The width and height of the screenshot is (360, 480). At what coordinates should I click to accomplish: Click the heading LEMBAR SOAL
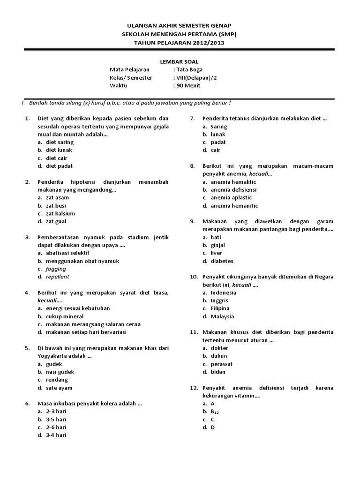point(180,62)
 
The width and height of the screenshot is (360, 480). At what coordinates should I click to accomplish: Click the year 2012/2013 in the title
point(205,43)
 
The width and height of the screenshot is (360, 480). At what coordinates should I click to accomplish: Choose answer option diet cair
point(57,158)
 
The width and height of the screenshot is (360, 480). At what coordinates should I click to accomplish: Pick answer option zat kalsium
point(60,213)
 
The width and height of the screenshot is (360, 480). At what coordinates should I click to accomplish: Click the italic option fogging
point(56,269)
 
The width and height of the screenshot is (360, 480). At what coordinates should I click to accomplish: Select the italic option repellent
point(58,277)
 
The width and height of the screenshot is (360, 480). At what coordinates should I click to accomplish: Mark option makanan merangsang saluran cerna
point(93,324)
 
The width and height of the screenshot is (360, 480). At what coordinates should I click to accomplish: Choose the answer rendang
point(57,380)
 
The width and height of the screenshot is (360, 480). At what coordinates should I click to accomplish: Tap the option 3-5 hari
point(56,419)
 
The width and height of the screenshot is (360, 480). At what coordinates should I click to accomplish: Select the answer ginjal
point(218,245)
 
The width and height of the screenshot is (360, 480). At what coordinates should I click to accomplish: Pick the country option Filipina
point(220,308)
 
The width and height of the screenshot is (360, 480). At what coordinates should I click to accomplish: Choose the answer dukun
point(218,356)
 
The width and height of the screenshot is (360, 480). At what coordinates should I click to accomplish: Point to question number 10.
point(194,277)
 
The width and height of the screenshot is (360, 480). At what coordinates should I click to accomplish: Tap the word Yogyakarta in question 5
point(54,356)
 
